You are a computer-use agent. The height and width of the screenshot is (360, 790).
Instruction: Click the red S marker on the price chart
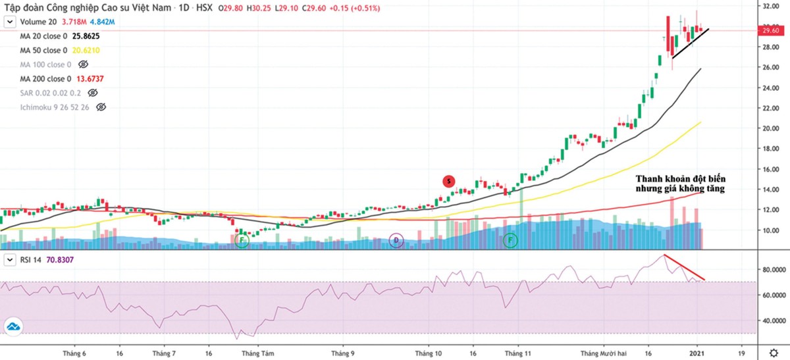[x=448, y=181]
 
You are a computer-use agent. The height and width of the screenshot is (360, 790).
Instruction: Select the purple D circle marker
[x=396, y=240]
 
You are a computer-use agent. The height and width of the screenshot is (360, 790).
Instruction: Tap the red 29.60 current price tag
[x=771, y=30]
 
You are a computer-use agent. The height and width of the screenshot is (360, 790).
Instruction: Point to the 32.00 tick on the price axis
[x=771, y=7]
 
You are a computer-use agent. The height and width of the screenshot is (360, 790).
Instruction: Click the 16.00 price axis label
[x=771, y=169]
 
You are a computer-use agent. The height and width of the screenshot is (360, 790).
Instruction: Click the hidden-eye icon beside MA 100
[x=83, y=64]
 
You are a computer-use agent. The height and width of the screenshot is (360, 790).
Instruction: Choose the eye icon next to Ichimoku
[x=101, y=107]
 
